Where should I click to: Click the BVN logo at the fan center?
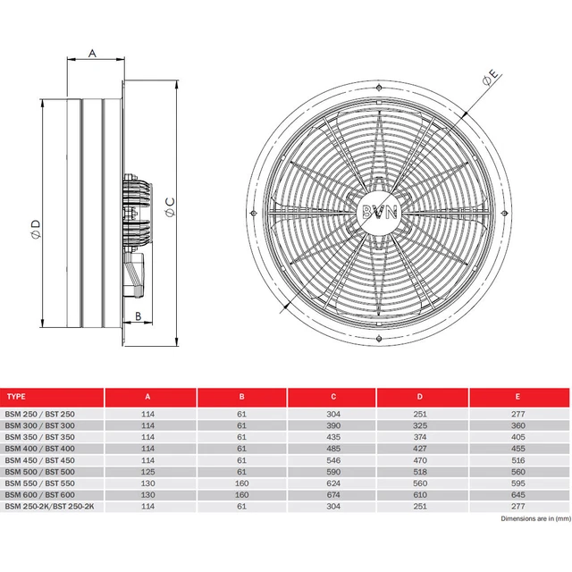pyautogui.click(x=379, y=212)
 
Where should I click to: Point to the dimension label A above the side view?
pyautogui.click(x=93, y=54)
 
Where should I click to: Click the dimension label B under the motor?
pyautogui.click(x=139, y=315)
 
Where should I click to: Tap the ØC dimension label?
pyautogui.click(x=169, y=209)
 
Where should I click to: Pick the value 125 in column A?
pyautogui.click(x=149, y=470)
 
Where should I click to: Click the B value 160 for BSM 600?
pyautogui.click(x=241, y=493)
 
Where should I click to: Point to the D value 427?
pyautogui.click(x=423, y=447)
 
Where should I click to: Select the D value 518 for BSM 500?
pyautogui.click(x=423, y=470)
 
